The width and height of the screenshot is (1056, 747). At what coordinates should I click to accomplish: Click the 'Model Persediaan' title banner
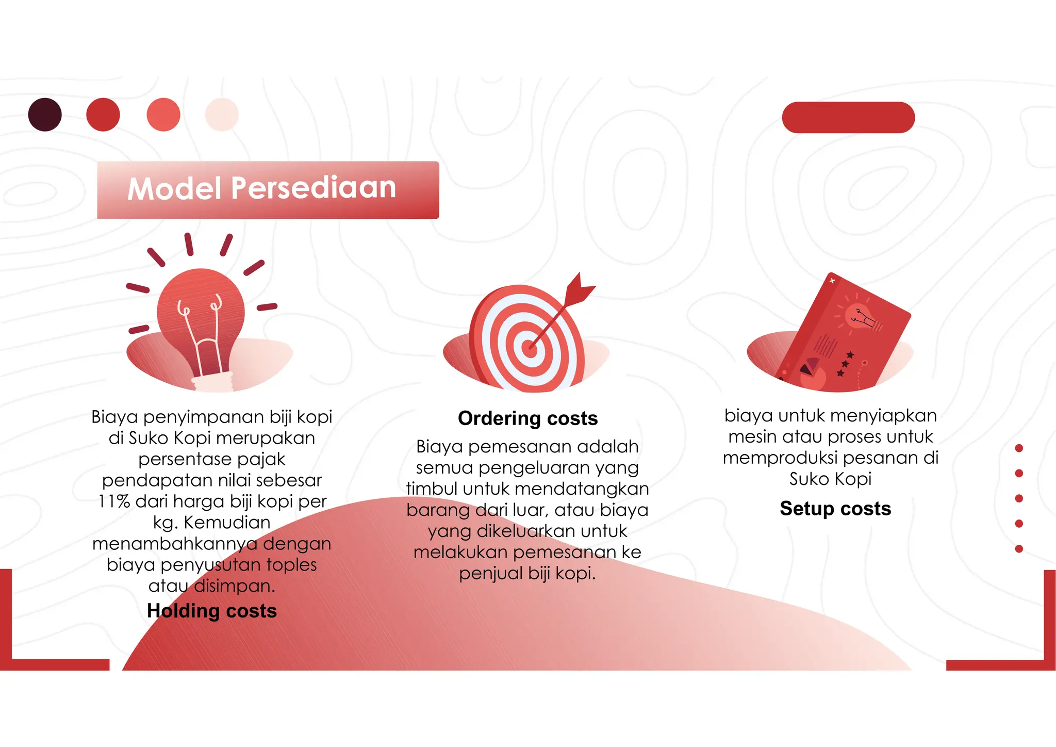pos(268,189)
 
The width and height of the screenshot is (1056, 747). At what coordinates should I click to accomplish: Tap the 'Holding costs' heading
pos(212,611)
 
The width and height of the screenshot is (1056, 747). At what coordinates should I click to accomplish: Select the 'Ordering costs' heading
pos(527,418)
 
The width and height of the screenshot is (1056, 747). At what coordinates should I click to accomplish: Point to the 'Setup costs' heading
pos(835,509)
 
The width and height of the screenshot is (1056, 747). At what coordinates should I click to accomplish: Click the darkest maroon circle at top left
pos(45,115)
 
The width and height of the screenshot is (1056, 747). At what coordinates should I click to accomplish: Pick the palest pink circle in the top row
pos(222,115)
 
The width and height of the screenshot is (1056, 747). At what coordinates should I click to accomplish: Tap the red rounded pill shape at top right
pos(848,118)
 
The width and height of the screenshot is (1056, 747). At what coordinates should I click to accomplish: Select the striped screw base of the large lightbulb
pos(212,382)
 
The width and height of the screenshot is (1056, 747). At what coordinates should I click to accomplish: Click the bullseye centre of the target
pos(529,348)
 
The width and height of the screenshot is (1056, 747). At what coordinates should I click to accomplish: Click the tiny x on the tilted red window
pos(832,281)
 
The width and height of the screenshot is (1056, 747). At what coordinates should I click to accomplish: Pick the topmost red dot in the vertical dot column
pos(1019,448)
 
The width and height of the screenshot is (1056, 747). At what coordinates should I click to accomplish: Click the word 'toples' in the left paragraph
pos(291,565)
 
